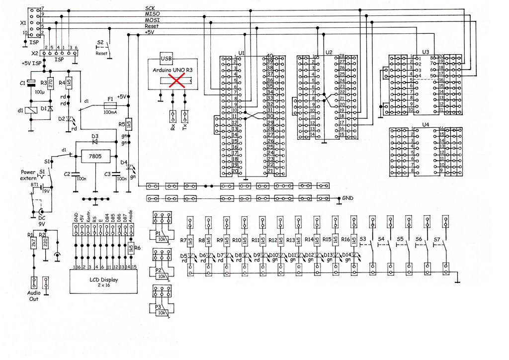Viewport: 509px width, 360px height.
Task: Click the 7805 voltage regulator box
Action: click(x=95, y=157)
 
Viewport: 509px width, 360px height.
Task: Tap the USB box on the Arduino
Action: click(x=166, y=58)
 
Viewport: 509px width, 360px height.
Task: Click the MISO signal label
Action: click(x=151, y=14)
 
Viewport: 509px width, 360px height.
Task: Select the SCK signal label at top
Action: click(x=150, y=8)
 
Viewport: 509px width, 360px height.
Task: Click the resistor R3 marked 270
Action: click(x=51, y=82)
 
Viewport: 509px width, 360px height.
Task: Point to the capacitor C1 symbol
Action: click(x=31, y=84)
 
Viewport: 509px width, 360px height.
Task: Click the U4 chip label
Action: click(x=425, y=124)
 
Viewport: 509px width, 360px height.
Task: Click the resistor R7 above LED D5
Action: click(x=190, y=240)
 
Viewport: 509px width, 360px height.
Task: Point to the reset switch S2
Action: click(x=110, y=49)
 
